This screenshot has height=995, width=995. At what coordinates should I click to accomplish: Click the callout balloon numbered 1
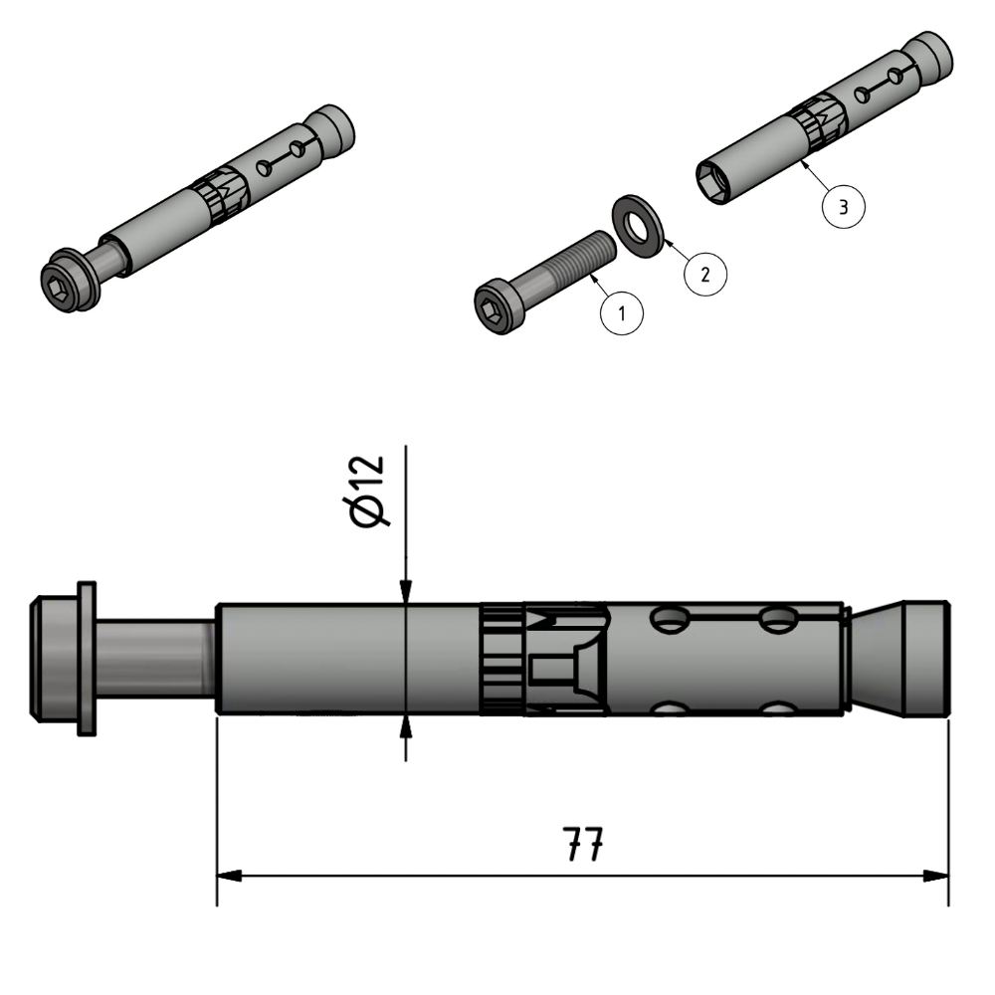pos(622,314)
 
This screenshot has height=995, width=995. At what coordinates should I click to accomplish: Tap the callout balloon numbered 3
pos(843,207)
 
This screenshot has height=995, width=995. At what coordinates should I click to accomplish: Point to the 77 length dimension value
pos(582,846)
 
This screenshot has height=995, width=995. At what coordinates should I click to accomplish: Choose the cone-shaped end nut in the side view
pos(900,659)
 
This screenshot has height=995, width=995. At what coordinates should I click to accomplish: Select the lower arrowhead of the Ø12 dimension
pos(406,727)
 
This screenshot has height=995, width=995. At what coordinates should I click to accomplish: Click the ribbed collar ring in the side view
pos(500,659)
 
